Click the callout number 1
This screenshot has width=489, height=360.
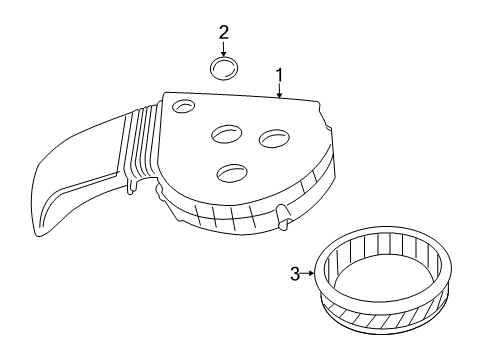coord(280,75)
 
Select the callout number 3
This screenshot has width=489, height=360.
coord(294,274)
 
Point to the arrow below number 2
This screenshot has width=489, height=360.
coord(224,50)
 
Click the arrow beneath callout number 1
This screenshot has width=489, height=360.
coord(280,92)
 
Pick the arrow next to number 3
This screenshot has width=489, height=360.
coord(310,274)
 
